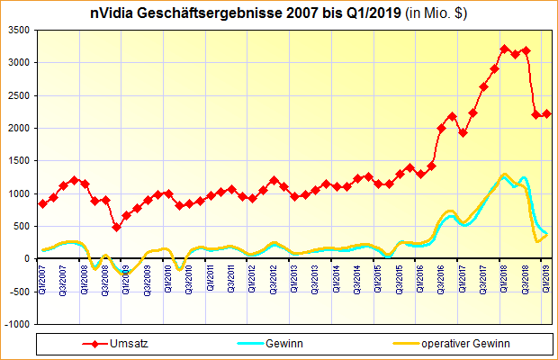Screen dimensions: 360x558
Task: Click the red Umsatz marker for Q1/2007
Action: (x=43, y=203)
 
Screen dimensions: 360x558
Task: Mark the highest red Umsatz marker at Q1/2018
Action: (x=505, y=49)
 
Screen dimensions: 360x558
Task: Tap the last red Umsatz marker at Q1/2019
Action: (x=547, y=114)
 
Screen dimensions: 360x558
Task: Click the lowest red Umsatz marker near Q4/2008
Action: (x=116, y=227)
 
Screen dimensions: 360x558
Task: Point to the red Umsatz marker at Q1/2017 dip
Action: (x=463, y=132)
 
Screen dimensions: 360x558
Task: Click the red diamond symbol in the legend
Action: (x=89, y=344)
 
